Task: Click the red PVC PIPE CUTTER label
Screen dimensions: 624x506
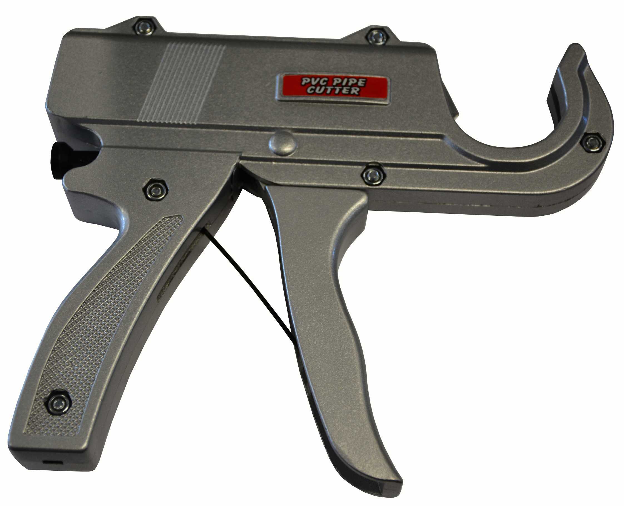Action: [x=333, y=88]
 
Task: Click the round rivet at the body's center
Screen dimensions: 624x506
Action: [x=283, y=143]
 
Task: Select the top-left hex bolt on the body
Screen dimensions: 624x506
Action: [x=145, y=27]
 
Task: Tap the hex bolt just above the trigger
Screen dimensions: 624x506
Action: [x=373, y=174]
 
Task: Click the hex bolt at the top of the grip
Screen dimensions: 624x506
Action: [x=155, y=190]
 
